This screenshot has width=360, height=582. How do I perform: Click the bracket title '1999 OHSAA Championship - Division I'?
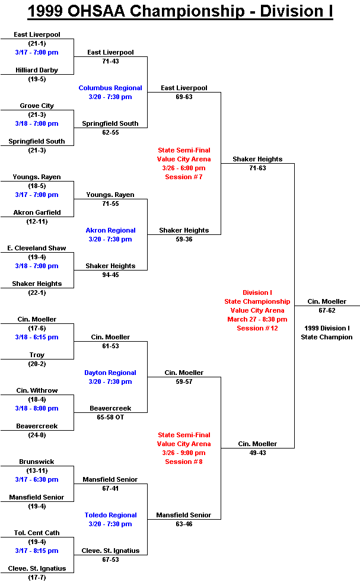point(180,11)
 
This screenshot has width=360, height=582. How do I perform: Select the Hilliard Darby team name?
point(37,70)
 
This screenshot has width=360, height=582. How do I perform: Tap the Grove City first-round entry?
point(37,106)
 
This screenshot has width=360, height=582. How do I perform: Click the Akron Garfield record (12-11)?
point(37,222)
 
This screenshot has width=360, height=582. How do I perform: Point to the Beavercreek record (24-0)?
point(37,435)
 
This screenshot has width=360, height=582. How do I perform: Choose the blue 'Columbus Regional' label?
point(110,88)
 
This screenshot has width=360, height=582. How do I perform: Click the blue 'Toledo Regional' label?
point(110,515)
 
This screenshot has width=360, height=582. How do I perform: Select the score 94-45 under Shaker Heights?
point(110,275)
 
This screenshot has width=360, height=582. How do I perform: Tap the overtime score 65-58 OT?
point(110,417)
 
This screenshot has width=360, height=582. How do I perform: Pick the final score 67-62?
point(327,311)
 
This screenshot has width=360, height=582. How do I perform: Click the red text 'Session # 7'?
point(184,177)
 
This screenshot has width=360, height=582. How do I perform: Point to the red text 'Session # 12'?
point(257,329)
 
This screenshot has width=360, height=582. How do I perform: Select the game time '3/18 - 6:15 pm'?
point(37,338)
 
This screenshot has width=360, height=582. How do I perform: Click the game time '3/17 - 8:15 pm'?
point(37,551)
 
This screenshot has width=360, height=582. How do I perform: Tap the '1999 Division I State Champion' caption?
point(327,333)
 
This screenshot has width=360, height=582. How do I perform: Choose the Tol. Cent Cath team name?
point(37,533)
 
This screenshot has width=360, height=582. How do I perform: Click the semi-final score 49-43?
point(257,453)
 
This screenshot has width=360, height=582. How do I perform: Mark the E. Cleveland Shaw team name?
point(37,249)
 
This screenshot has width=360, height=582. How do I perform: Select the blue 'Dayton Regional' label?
point(110,373)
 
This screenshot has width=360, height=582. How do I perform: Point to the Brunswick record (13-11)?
point(37,470)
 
